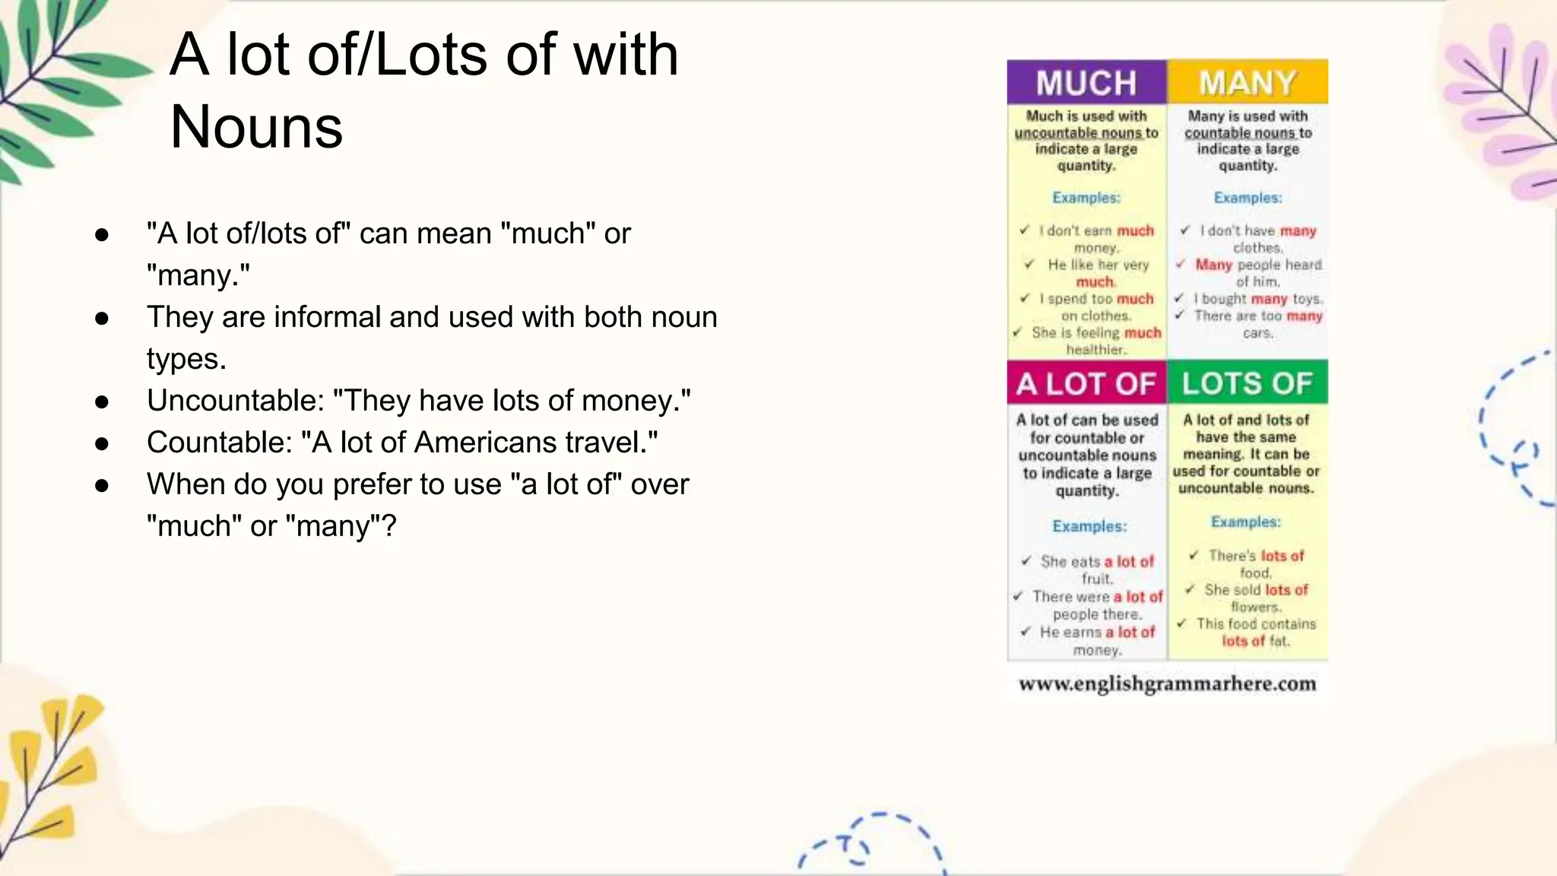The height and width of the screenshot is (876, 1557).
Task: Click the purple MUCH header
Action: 1086,82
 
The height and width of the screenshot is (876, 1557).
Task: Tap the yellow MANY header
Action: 1248,82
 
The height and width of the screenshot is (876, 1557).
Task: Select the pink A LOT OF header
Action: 1086,383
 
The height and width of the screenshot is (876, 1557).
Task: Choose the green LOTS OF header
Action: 1248,383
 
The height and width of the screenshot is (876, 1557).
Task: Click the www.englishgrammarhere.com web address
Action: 1167,684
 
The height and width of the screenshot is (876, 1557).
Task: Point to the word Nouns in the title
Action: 256,127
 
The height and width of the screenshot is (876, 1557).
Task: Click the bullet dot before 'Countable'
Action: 102,443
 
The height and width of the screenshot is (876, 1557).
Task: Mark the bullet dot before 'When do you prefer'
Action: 102,485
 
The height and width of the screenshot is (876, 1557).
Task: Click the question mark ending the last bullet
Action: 388,526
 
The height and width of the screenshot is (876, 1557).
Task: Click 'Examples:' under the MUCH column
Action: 1086,198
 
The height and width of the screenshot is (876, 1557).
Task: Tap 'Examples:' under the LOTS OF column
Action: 1246,522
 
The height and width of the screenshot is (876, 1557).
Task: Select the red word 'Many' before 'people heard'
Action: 1213,265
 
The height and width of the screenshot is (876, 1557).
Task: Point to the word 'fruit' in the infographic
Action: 1097,579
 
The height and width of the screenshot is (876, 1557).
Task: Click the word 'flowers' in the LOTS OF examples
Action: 1256,607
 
